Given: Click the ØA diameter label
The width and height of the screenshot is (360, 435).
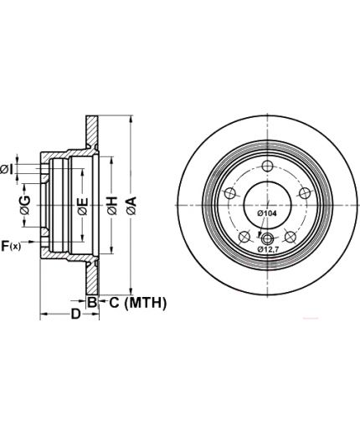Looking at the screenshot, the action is tap(131, 206).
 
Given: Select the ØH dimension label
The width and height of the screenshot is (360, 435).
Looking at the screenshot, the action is tap(112, 206).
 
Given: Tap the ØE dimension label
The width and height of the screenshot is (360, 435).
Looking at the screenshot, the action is tap(83, 206).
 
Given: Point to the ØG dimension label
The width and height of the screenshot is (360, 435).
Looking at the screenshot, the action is tap(25, 205).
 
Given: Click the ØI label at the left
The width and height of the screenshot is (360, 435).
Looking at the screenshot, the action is tap(7, 169).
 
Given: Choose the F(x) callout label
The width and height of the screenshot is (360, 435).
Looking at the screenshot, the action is tap(11, 246).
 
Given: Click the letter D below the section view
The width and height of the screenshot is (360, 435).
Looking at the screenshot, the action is tap(75, 314).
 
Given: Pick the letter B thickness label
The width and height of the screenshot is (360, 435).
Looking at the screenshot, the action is tap(92, 302).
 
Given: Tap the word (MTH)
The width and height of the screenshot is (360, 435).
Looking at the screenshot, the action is tap(146, 303).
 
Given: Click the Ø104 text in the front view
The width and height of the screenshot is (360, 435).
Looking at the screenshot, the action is tap(267, 213).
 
